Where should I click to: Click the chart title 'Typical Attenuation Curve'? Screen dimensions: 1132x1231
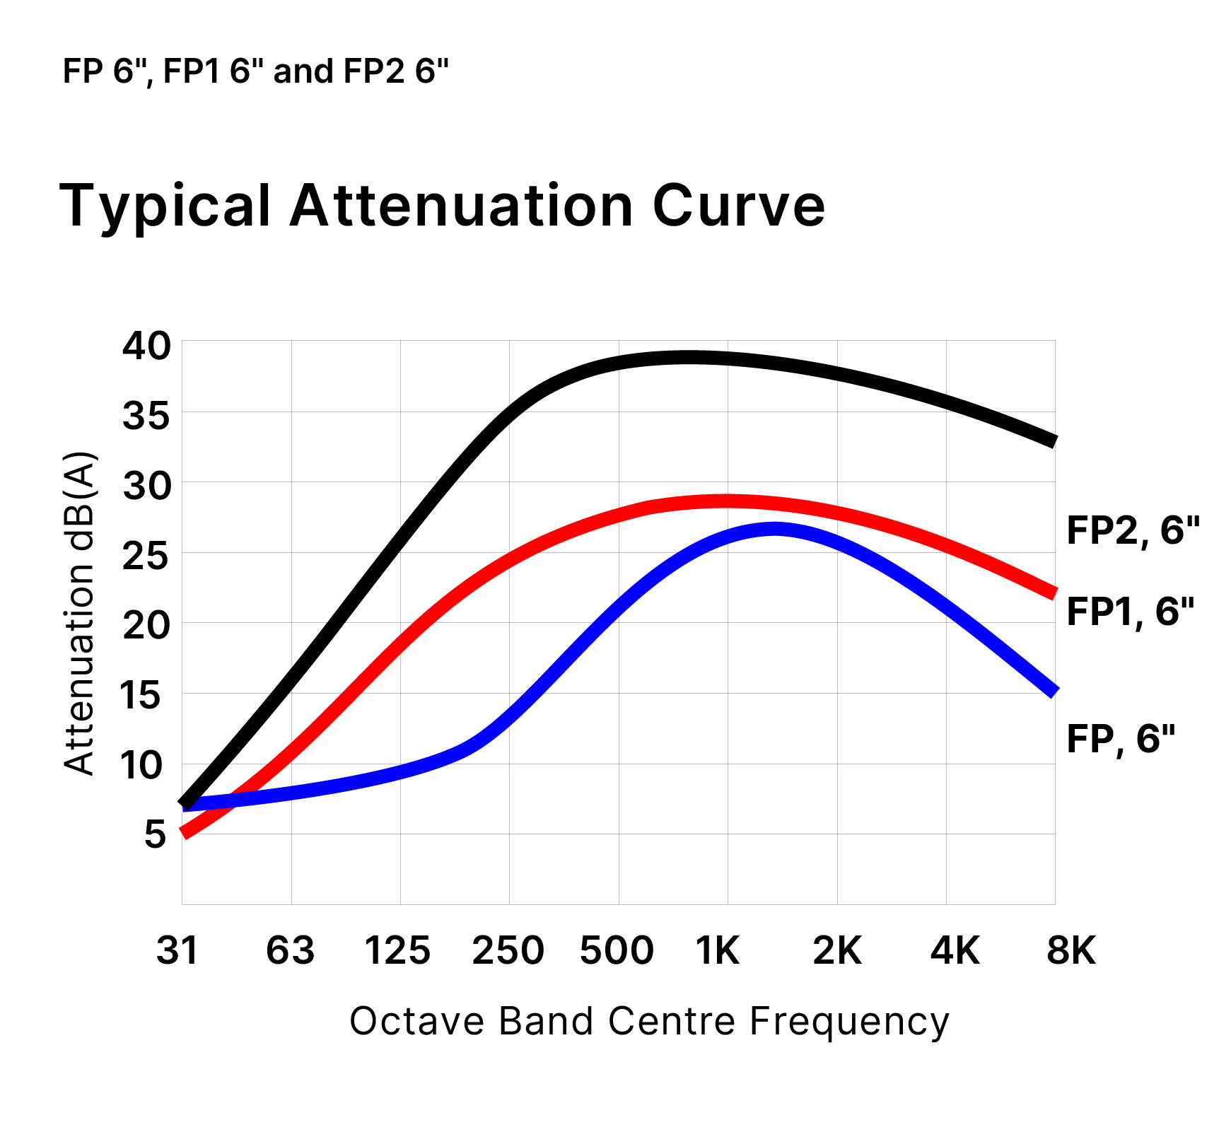tap(443, 206)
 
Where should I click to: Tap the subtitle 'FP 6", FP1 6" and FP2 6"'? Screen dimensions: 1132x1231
tap(256, 71)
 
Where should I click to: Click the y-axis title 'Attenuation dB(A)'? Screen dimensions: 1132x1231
tap(79, 613)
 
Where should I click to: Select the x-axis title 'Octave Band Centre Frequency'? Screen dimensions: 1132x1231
tap(649, 1021)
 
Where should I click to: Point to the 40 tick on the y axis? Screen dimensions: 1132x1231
tap(146, 346)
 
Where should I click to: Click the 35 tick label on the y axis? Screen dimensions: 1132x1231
tap(146, 416)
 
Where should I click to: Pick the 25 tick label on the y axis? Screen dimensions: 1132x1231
tap(146, 556)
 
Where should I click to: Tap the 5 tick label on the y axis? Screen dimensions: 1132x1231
tap(155, 834)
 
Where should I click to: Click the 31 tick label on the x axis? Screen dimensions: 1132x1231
tap(177, 950)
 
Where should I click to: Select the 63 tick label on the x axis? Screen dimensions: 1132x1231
tap(290, 950)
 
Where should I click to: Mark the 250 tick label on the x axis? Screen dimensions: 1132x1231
tap(508, 950)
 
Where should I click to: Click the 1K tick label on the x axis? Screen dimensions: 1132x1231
tap(718, 950)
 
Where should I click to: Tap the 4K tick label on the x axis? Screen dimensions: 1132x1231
tap(955, 950)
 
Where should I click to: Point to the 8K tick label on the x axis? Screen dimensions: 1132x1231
tap(1070, 950)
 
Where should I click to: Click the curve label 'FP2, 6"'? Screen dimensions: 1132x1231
tap(1133, 530)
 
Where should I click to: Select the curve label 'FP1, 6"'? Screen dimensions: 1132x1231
tap(1130, 612)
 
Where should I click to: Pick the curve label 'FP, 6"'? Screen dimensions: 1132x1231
tap(1120, 739)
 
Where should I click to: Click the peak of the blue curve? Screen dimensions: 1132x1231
tap(775, 528)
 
